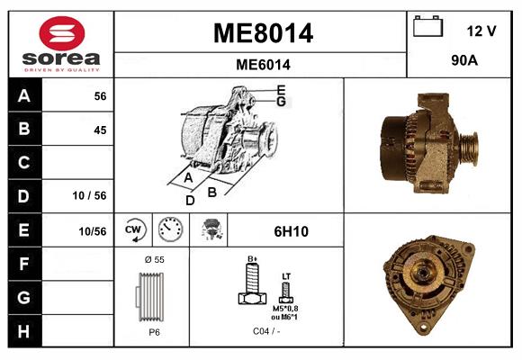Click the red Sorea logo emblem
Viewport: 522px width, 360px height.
tap(62, 33)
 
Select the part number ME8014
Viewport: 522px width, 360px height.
tap(263, 33)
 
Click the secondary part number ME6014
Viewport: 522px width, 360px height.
tap(263, 65)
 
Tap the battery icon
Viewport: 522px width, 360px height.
tap(428, 26)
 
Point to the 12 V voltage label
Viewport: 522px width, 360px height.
tap(481, 31)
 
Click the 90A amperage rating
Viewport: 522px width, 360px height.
tap(464, 60)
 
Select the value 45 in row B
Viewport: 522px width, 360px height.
tap(100, 130)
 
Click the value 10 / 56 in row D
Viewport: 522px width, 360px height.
tap(89, 195)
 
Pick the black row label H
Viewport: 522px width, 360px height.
tap(23, 331)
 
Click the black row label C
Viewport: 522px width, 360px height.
tap(23, 163)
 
